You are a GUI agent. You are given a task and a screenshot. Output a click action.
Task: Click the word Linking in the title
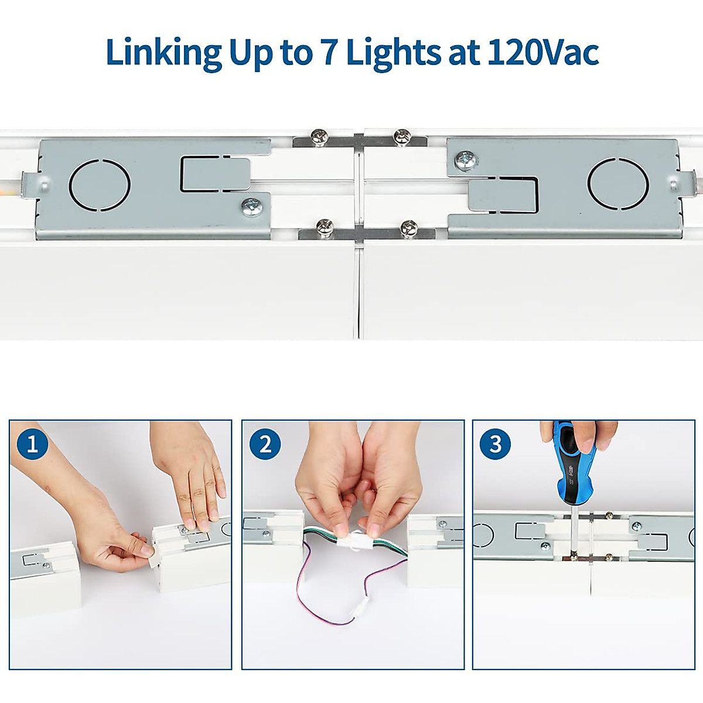pyautogui.click(x=163, y=53)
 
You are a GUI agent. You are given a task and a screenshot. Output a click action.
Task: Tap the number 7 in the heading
pyautogui.click(x=329, y=53)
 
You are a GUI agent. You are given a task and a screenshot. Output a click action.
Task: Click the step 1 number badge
pyautogui.click(x=32, y=443)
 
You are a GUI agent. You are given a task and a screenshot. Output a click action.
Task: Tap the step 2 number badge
pyautogui.click(x=265, y=443)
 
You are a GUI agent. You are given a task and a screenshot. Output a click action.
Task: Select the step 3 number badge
pyautogui.click(x=495, y=443)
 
